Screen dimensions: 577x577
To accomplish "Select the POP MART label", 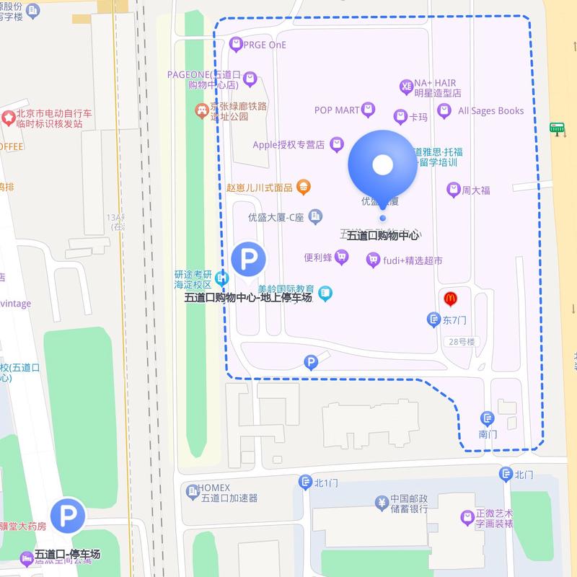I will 337,110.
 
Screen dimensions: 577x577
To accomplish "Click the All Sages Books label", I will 490,110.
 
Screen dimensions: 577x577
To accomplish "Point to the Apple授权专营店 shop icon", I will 336,145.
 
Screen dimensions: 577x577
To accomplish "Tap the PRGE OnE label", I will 265,45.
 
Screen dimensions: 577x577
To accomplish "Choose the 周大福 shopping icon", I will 454,190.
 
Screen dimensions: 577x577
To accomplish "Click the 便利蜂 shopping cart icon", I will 342,257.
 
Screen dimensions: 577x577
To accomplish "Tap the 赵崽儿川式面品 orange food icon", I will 304,188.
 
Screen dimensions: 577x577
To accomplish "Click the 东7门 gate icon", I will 433,319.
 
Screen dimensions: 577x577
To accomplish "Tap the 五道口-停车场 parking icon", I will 68,515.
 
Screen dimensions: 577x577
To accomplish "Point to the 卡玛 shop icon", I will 400,117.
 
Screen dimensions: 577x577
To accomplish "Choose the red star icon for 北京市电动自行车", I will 9,117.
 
